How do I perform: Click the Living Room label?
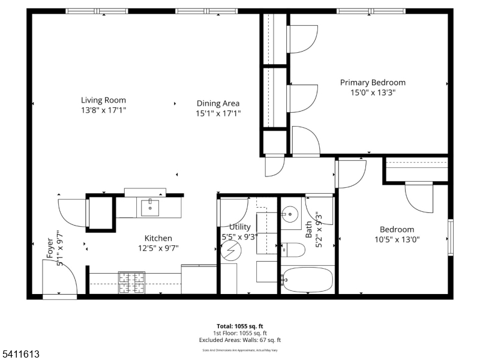104,100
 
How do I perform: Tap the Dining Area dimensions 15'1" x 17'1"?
218,113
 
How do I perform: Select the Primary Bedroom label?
373,83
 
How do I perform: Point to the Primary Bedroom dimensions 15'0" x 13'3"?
373,93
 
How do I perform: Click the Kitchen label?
158,238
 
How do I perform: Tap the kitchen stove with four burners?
131,283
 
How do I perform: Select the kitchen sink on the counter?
149,208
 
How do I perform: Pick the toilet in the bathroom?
291,249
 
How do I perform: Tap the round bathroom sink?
291,214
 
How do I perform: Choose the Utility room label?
239,227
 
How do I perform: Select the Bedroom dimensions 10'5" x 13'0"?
396,239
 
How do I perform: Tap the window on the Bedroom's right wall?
450,238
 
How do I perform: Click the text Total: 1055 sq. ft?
239,326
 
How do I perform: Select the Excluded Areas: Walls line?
239,340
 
